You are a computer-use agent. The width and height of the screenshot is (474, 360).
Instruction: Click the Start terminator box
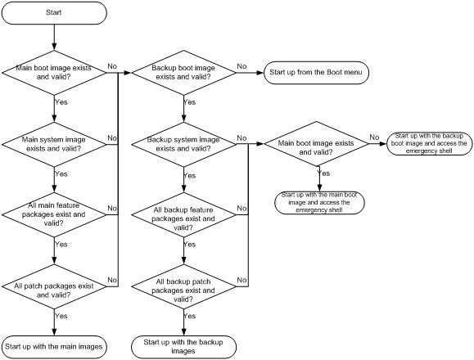[x=54, y=13]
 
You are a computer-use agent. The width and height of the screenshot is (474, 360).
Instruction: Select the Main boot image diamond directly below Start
[x=54, y=73]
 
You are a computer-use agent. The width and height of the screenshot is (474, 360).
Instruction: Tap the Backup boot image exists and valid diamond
[x=183, y=73]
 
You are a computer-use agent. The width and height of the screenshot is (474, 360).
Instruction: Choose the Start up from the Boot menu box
[x=316, y=73]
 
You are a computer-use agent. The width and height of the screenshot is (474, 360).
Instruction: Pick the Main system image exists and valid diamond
[x=54, y=144]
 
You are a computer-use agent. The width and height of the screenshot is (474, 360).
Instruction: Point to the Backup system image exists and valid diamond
[x=183, y=144]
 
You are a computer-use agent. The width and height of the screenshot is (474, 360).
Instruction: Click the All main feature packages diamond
[x=54, y=214]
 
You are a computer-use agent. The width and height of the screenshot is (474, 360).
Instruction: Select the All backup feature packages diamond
[x=183, y=214]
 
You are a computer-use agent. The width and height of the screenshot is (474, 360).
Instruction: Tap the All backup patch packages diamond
[x=183, y=286]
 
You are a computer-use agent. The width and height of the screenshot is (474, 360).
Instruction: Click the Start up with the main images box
[x=54, y=347]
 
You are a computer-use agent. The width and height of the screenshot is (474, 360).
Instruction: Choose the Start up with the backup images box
[x=183, y=347]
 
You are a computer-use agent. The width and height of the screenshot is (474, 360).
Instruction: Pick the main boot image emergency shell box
[x=319, y=203]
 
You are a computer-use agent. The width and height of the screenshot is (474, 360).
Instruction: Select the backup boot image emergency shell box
[x=429, y=144]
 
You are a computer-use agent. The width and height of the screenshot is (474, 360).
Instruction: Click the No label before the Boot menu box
[x=242, y=66]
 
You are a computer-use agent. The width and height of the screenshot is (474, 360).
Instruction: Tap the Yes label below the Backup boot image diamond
[x=190, y=102]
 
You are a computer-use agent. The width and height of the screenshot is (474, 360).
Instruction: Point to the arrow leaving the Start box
[x=54, y=37]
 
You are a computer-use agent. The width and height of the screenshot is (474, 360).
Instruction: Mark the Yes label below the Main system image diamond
[x=61, y=174]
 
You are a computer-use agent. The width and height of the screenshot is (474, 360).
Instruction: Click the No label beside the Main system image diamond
[x=112, y=138]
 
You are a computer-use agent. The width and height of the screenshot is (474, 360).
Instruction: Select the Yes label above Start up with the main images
[x=61, y=316]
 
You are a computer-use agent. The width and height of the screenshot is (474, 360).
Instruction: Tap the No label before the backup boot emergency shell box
[x=374, y=137]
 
